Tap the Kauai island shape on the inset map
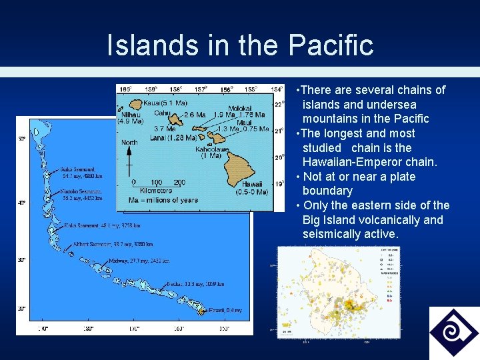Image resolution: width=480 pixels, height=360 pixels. coord(136,104)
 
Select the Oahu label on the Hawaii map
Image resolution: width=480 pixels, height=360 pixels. coord(162,113)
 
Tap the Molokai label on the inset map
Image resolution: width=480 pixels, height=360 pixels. coord(240,108)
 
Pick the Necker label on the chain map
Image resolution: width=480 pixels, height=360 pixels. coord(176,283)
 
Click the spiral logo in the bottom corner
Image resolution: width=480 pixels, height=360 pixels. coord(453,333)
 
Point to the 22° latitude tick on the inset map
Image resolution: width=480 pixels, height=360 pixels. coord(279,104)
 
